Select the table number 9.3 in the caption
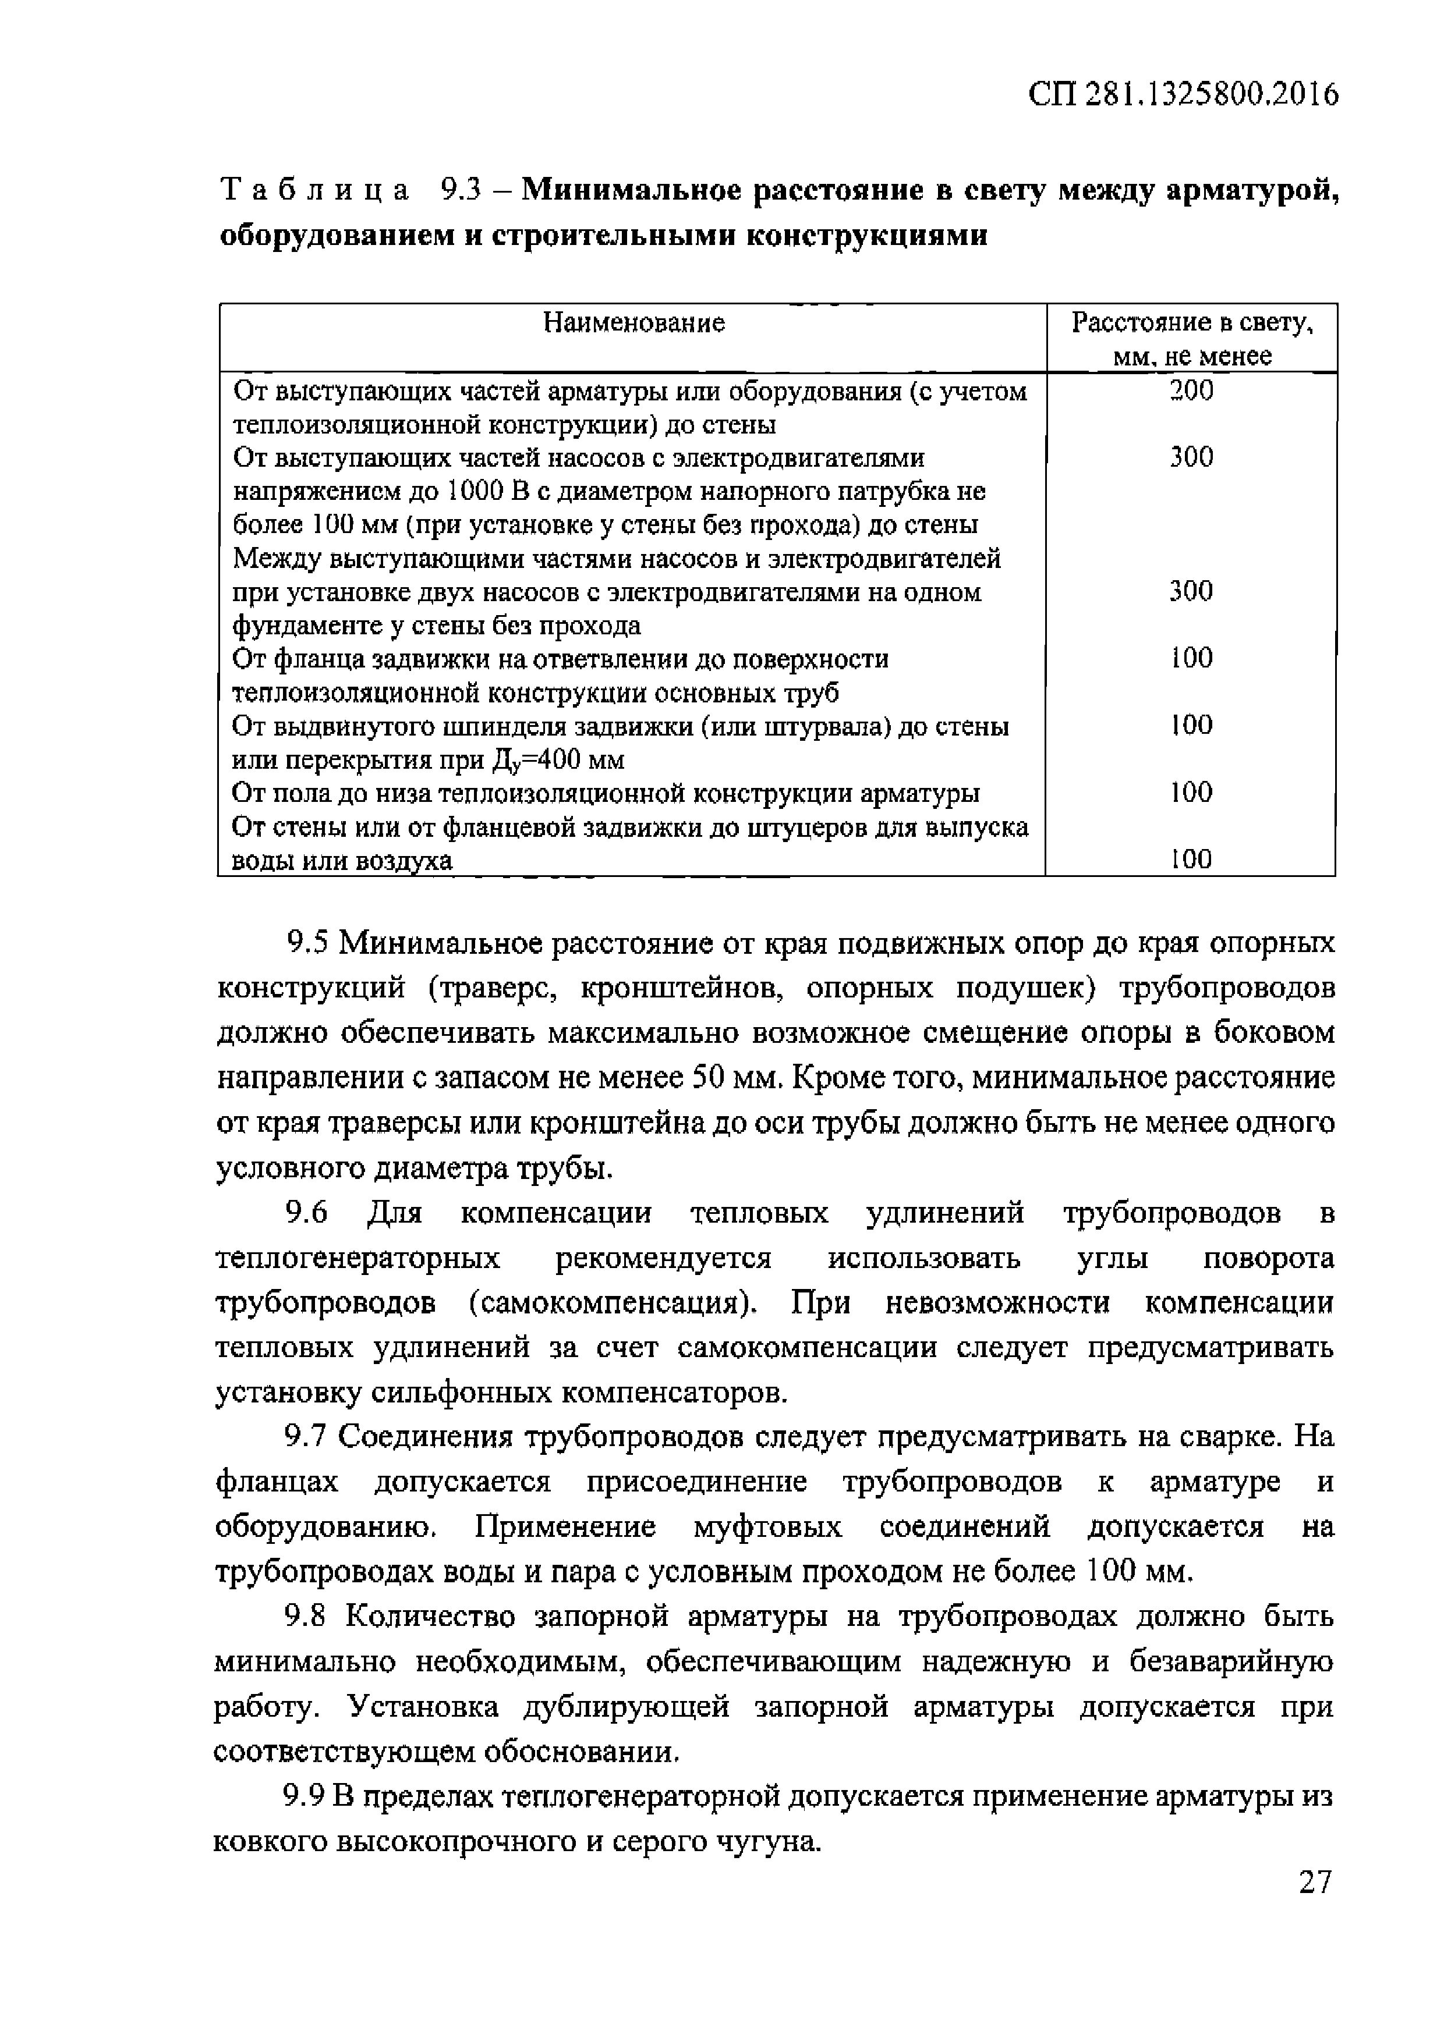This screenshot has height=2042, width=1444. pyautogui.click(x=462, y=190)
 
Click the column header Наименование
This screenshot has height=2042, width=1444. pyautogui.click(x=633, y=322)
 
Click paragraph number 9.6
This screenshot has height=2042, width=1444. pyautogui.click(x=307, y=1213)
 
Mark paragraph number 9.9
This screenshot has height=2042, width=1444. pyautogui.click(x=305, y=1796)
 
